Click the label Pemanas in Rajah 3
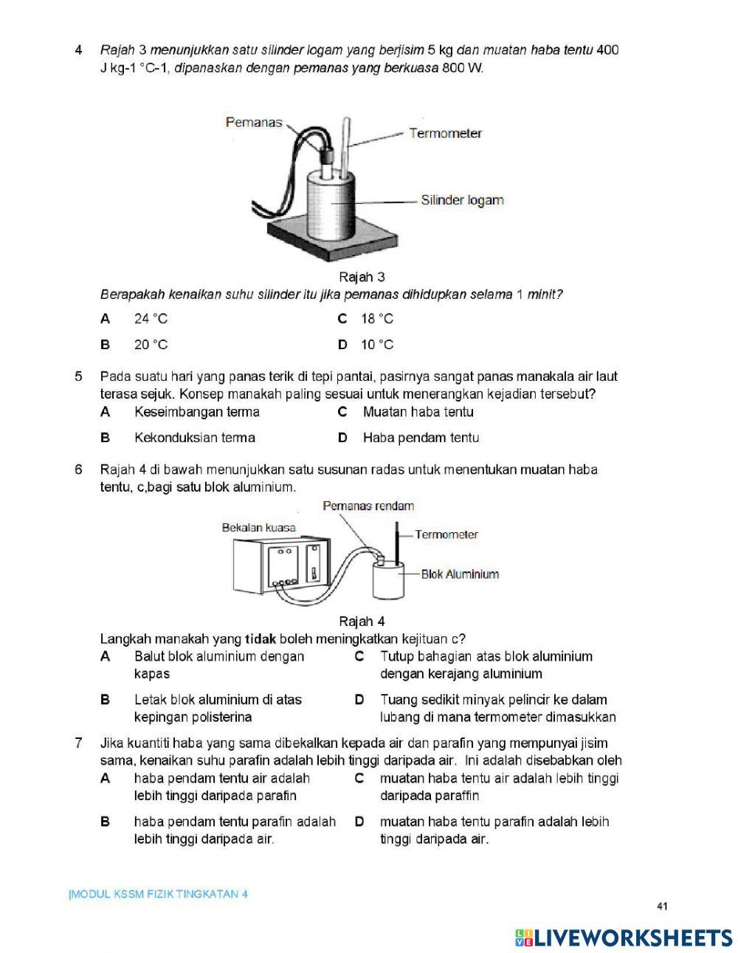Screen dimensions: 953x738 pos(254,123)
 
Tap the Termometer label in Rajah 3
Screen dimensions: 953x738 pos(445,134)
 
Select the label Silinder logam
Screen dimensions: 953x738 pos(462,200)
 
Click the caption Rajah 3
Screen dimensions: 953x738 pos(362,277)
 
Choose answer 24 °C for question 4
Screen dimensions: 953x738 pos(151,319)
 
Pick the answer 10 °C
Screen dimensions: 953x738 pos(377,345)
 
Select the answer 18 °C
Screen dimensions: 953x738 pos(377,319)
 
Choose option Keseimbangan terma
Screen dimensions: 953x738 pos(197,412)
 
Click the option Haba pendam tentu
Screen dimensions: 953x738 pos(421,438)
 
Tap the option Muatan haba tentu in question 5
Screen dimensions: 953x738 pos(418,412)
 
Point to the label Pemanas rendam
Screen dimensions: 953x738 pos(368,506)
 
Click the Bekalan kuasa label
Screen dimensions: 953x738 pos(258,528)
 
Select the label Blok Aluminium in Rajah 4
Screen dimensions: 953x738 pos(460,574)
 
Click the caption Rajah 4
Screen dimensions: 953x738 pos(362,622)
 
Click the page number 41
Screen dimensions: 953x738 pos(661,906)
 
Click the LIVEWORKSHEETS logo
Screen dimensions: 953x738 pos(624,937)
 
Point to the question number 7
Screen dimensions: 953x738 pos(79,743)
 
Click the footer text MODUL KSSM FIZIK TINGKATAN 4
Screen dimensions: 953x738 pos(159,895)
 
